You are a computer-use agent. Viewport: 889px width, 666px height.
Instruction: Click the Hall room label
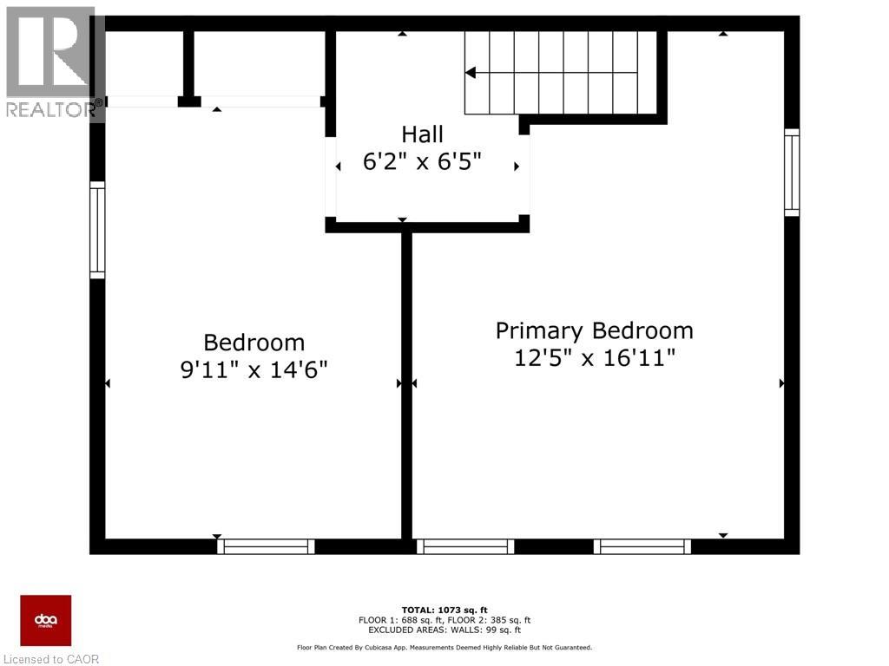[x=422, y=134]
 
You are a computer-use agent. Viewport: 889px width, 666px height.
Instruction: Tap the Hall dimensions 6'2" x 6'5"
[x=422, y=162]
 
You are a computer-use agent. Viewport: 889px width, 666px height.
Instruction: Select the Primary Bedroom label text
[x=595, y=330]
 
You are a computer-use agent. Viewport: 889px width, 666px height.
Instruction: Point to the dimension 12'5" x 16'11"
[x=595, y=357]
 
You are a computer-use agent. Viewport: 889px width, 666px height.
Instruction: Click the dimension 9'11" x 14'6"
[x=254, y=369]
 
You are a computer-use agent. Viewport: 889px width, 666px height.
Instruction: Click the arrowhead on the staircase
[x=471, y=73]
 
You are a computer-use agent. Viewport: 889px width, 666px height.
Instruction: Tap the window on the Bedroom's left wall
[x=97, y=230]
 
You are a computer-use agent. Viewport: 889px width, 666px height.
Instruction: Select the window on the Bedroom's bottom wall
[x=266, y=546]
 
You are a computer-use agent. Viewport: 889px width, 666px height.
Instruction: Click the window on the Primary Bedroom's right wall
[x=792, y=172]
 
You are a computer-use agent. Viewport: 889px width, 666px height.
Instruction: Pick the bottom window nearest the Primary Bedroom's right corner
[x=642, y=546]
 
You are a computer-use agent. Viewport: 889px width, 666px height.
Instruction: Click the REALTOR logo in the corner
[x=52, y=61]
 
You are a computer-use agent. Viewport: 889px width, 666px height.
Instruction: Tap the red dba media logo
[x=46, y=620]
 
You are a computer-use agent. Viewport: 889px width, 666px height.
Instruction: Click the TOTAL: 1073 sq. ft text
[x=444, y=610]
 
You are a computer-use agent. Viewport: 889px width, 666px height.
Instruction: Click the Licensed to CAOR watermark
[x=50, y=659]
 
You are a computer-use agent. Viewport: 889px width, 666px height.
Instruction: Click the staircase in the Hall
[x=560, y=73]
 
